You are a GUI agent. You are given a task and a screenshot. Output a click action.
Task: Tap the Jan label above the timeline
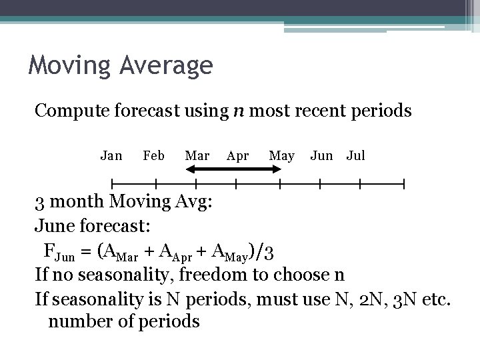pos(111,155)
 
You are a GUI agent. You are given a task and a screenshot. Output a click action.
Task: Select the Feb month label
pos(154,155)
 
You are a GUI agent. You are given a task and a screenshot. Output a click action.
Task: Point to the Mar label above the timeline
pos(197,155)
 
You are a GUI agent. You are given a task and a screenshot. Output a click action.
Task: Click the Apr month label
pos(237,156)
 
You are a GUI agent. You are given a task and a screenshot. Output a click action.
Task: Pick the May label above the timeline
pos(281,156)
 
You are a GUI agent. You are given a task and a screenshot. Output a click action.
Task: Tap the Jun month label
pos(321,155)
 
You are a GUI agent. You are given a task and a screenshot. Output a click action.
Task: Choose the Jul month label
pos(355,155)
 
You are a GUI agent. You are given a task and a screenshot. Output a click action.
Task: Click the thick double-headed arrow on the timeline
pos(233,169)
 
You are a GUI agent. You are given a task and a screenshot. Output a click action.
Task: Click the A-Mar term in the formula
pos(119,253)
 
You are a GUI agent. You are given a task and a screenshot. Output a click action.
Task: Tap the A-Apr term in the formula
pos(174,253)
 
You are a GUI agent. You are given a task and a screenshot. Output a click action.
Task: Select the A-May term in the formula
pos(228,253)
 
